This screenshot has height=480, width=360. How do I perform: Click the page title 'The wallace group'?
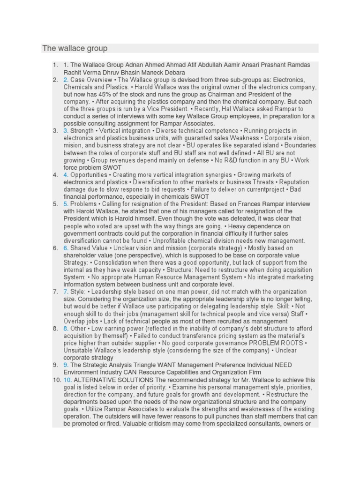pyautogui.click(x=75, y=48)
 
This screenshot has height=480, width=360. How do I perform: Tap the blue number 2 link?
pyautogui.click(x=66, y=80)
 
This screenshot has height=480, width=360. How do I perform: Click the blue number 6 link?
pyautogui.click(x=66, y=248)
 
